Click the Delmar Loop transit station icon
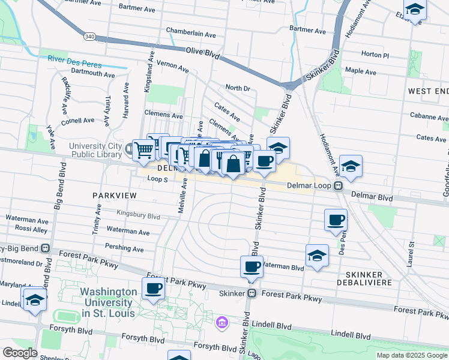[x=339, y=186]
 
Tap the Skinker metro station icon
[x=252, y=293]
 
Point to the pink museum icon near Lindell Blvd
[x=222, y=324]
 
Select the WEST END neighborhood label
[x=427, y=91]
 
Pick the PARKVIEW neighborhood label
[x=115, y=196]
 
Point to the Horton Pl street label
[x=375, y=55]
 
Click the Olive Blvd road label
[x=204, y=52]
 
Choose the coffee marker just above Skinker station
[x=252, y=266]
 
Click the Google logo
[x=20, y=353]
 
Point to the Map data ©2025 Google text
[x=412, y=355]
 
